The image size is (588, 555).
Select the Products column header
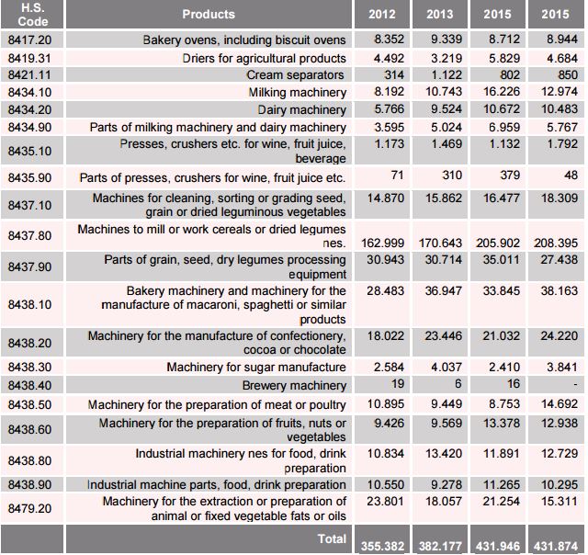click(209, 14)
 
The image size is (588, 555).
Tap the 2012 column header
click(382, 14)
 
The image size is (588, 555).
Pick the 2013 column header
click(440, 14)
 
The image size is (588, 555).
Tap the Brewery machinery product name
click(294, 385)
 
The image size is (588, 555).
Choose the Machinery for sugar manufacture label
click(256, 368)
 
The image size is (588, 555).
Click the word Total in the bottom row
click(332, 538)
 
